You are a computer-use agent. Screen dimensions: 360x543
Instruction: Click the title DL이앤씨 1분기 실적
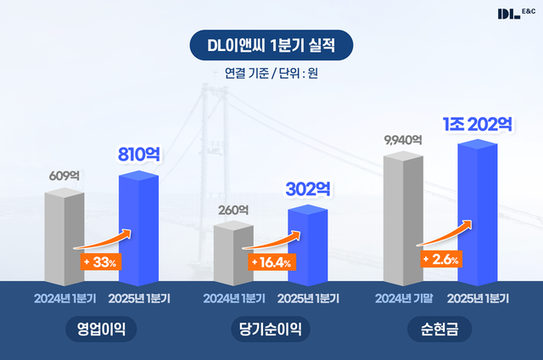271,45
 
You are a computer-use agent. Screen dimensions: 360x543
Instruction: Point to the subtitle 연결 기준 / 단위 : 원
271,73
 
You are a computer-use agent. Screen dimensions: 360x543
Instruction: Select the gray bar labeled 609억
64,238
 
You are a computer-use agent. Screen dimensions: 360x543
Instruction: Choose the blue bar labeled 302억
306,246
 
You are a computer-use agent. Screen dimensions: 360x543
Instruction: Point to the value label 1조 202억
477,123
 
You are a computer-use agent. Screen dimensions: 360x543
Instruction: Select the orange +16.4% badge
271,262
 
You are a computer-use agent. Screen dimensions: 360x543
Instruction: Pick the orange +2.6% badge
440,259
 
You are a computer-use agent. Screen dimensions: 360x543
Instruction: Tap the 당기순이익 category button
271,329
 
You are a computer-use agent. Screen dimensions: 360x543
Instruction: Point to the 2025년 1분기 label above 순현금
477,298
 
